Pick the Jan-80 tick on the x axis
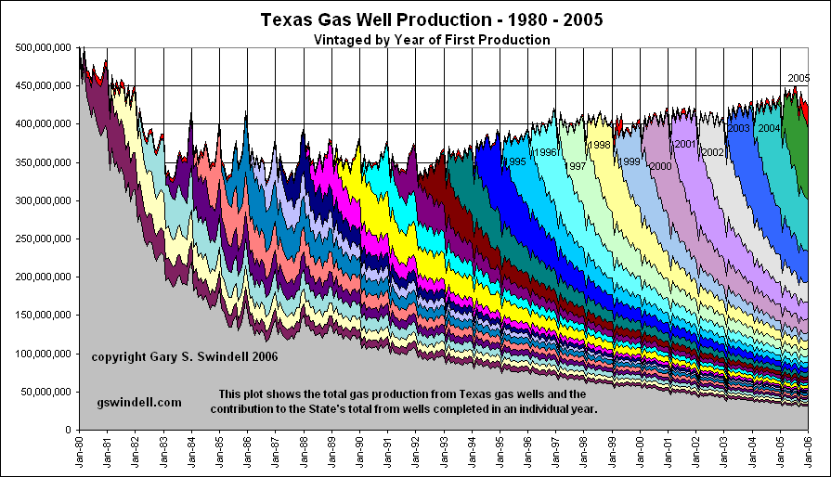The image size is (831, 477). tap(80, 452)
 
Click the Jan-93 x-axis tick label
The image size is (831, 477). tap(444, 452)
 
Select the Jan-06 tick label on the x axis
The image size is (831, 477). tap(809, 452)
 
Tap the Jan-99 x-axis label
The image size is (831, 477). tap(612, 452)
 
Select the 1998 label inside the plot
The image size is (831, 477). tap(600, 145)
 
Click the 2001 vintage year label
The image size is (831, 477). tap(685, 144)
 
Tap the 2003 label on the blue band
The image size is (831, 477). tap(739, 128)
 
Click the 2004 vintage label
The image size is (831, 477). tap(768, 128)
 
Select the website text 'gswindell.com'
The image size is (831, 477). tap(139, 403)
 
